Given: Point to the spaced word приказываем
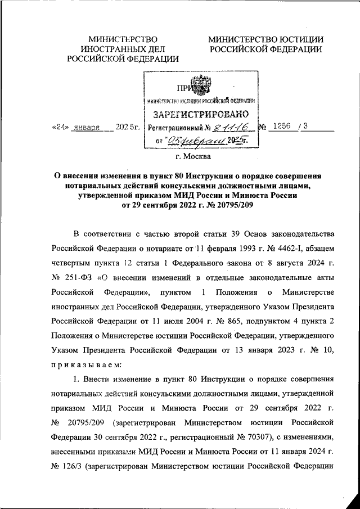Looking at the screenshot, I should click(84, 363).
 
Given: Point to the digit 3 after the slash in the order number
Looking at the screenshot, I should click(305, 127).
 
